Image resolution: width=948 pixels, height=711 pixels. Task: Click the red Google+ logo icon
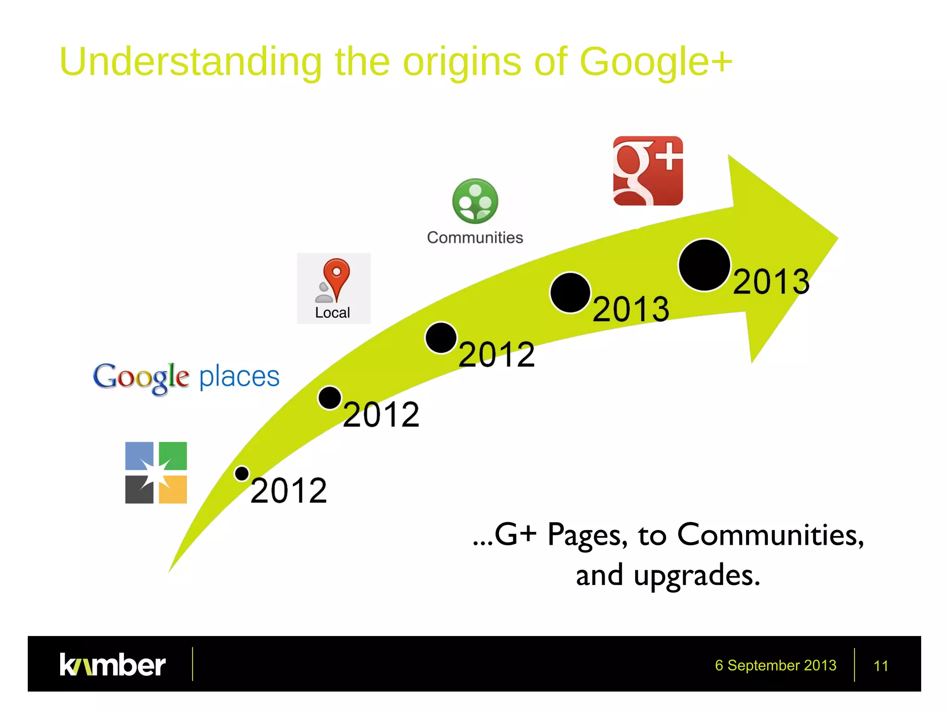[648, 171]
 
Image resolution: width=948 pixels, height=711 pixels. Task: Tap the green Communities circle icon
[475, 201]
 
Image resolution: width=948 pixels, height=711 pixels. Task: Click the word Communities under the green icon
[475, 237]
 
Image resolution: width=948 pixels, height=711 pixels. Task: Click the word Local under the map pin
[332, 313]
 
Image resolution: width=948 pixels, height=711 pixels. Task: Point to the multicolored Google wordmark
[141, 378]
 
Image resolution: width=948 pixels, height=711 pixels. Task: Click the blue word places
[239, 376]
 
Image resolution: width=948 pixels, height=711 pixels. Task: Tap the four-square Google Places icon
[156, 473]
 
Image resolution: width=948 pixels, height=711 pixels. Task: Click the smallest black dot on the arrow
[242, 474]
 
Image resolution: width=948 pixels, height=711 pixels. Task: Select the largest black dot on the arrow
[704, 265]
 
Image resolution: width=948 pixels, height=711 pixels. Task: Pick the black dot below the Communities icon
[441, 338]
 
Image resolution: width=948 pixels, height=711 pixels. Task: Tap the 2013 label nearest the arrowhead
[771, 281]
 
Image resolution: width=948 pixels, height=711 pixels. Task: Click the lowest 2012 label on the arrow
[288, 491]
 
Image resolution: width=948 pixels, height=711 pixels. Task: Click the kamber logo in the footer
[112, 665]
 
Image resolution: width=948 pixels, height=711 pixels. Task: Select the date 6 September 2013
[775, 665]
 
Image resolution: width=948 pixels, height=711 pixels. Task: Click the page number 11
[880, 666]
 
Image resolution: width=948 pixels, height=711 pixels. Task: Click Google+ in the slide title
[655, 62]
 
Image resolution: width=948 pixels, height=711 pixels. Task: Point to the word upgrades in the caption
[697, 576]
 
